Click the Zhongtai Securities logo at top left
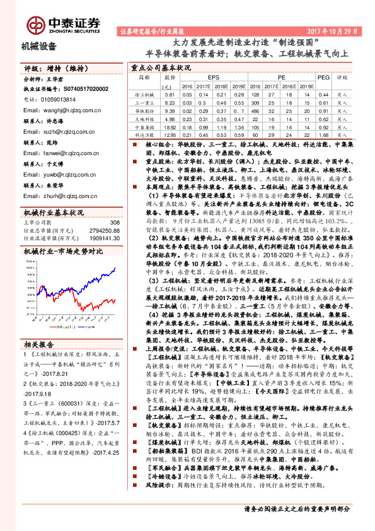pyautogui.click(x=63, y=23)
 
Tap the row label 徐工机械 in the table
pyautogui.click(x=144, y=93)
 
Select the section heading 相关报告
pyautogui.click(x=40, y=344)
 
